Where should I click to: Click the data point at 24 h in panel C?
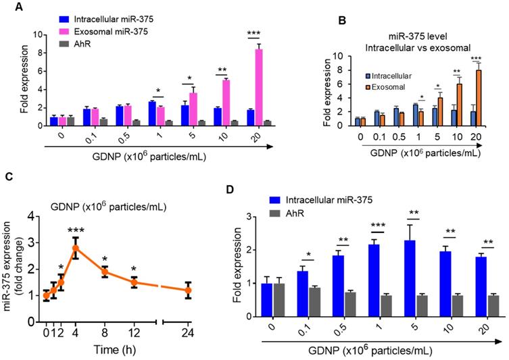[x=189, y=291]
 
